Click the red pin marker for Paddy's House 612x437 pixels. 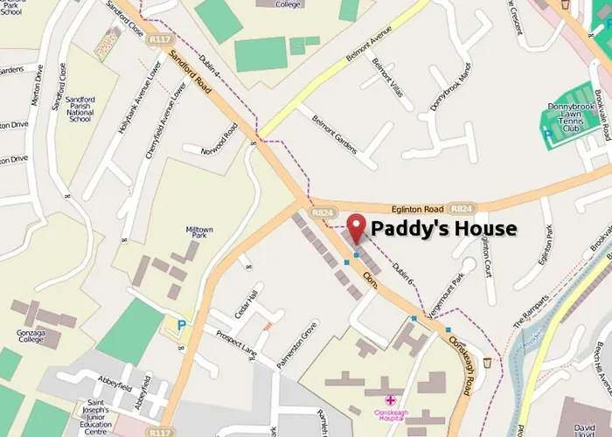pos(356,228)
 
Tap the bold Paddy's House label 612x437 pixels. pos(444,229)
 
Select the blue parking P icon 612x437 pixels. pos(182,324)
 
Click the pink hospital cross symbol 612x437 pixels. pos(390,399)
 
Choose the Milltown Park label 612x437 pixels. pos(199,233)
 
